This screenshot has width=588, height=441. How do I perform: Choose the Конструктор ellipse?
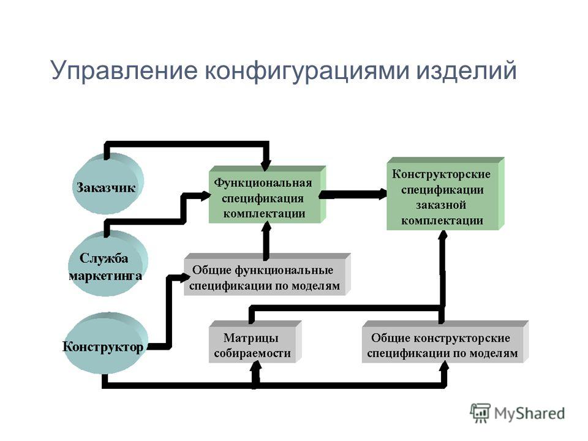coord(106,344)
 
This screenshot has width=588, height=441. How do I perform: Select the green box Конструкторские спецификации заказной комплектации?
coord(445,194)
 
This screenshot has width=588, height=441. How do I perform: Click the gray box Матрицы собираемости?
coord(255,342)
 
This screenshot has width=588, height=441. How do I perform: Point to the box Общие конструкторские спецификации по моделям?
coord(445,342)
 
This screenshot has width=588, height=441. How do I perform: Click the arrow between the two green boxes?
coord(353,194)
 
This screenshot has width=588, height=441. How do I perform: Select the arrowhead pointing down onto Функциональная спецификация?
coord(266,165)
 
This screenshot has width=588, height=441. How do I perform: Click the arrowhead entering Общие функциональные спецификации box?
coord(186,278)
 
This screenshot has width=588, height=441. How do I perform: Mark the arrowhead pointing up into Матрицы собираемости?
coord(256,366)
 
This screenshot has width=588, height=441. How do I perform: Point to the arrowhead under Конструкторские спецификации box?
coord(443,235)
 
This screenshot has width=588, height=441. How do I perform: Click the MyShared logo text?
coord(529,413)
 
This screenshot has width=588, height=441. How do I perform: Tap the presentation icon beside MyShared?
coord(480,413)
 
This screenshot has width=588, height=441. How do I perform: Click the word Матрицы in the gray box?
coord(251,337)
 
